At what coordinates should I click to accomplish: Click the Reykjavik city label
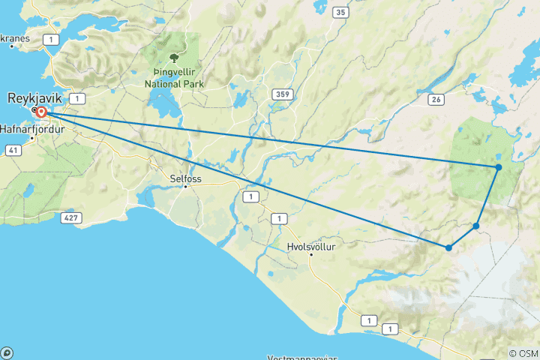pos(34,97)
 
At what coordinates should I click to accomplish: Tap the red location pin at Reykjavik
pos(43,112)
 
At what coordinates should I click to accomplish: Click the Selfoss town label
pos(186,178)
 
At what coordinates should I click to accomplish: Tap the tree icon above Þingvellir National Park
pos(174,57)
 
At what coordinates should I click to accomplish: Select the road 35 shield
pos(340,12)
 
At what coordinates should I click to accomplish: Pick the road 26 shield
pos(436,99)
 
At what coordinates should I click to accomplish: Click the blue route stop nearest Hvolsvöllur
pos(448,247)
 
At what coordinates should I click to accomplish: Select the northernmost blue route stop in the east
pos(499,166)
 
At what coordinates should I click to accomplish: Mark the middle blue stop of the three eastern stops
pos(476,226)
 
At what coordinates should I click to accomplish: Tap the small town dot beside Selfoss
pos(186,186)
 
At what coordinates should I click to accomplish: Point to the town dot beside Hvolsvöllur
pos(310,255)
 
